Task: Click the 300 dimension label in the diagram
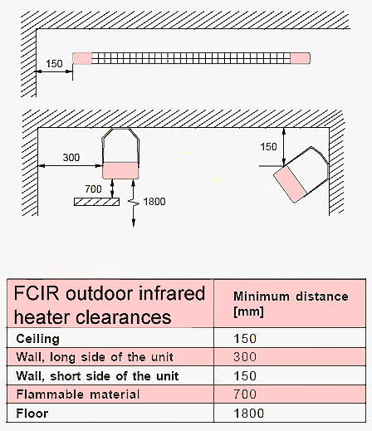point(71,157)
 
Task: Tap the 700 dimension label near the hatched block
point(93,189)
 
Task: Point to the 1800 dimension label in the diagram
point(154,202)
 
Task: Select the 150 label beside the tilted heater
point(268,147)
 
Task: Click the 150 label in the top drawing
point(54,64)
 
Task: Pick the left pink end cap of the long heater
point(82,58)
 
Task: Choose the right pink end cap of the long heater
point(300,58)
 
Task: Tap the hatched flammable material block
point(97,202)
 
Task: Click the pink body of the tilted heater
point(290,184)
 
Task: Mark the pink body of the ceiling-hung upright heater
point(120,170)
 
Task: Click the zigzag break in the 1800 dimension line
point(134,203)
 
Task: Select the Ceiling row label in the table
point(38,339)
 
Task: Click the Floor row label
point(32,414)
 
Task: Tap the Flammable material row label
point(78,394)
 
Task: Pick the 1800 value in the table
point(249,414)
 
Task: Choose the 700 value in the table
point(245,394)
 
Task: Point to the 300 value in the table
point(245,357)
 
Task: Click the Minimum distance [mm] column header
point(291,304)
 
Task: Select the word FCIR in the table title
point(37,293)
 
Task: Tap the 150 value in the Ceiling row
point(245,339)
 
